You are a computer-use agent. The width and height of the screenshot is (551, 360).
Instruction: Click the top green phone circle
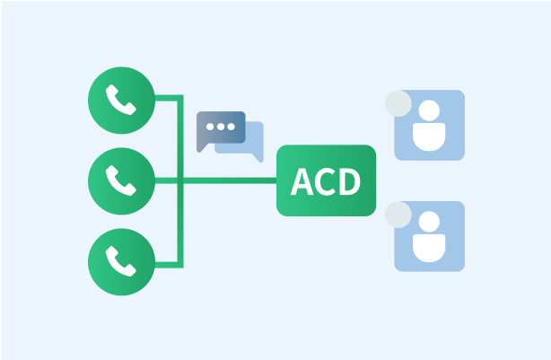pos(121,101)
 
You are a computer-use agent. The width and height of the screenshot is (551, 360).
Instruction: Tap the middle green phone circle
pos(121,181)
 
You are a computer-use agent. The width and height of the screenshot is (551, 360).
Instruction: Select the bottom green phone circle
pos(121,262)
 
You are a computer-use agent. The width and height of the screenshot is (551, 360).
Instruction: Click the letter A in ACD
pos(302,181)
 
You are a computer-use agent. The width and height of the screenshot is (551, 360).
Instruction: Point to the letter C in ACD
pos(325,181)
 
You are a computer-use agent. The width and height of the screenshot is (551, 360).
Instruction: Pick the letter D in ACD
pos(350,181)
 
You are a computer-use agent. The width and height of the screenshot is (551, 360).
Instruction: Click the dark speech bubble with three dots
pos(221,131)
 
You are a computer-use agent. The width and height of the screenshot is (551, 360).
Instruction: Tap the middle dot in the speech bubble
pos(221,127)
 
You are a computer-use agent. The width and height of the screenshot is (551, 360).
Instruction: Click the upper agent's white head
pos(429,110)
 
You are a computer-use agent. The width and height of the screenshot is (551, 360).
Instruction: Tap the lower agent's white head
pos(429,222)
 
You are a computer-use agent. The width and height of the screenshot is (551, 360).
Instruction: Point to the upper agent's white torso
pos(429,137)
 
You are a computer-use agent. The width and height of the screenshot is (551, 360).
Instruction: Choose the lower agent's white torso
pos(429,248)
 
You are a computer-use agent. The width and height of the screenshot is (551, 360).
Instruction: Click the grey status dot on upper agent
pos(398,104)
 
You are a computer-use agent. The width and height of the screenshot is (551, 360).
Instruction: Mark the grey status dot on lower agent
pos(398,215)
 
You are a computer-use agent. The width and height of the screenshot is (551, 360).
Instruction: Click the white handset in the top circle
pos(121,100)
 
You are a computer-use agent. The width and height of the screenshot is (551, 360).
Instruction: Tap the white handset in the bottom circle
pos(121,261)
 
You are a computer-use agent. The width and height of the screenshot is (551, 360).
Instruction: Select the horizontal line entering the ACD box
pos(230,180)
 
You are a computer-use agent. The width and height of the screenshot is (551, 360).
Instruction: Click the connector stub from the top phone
pos(169,98)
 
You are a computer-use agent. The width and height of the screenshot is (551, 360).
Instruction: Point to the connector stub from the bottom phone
pos(169,265)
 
